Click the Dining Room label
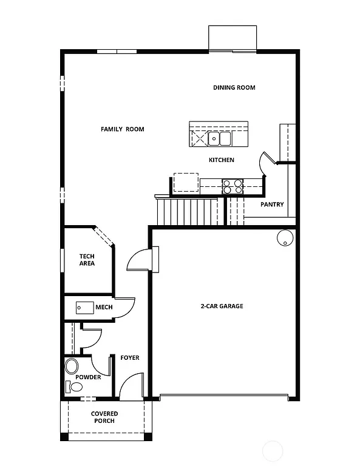pyautogui.click(x=234, y=87)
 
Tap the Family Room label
pyautogui.click(x=122, y=129)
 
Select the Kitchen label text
pyautogui.click(x=221, y=160)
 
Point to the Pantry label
pyautogui.click(x=272, y=204)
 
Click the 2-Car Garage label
pyautogui.click(x=222, y=306)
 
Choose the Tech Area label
pyautogui.click(x=87, y=260)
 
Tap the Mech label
pyautogui.click(x=104, y=307)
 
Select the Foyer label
pyautogui.click(x=129, y=357)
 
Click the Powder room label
pyautogui.click(x=89, y=377)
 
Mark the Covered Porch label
pyautogui.click(x=104, y=417)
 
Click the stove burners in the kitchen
pyautogui.click(x=232, y=186)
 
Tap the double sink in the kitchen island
pyautogui.click(x=220, y=139)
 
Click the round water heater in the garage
pyautogui.click(x=284, y=238)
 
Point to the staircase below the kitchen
pyautogui.click(x=188, y=212)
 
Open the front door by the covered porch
pyautogui.click(x=130, y=388)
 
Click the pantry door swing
pyautogui.click(x=267, y=161)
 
